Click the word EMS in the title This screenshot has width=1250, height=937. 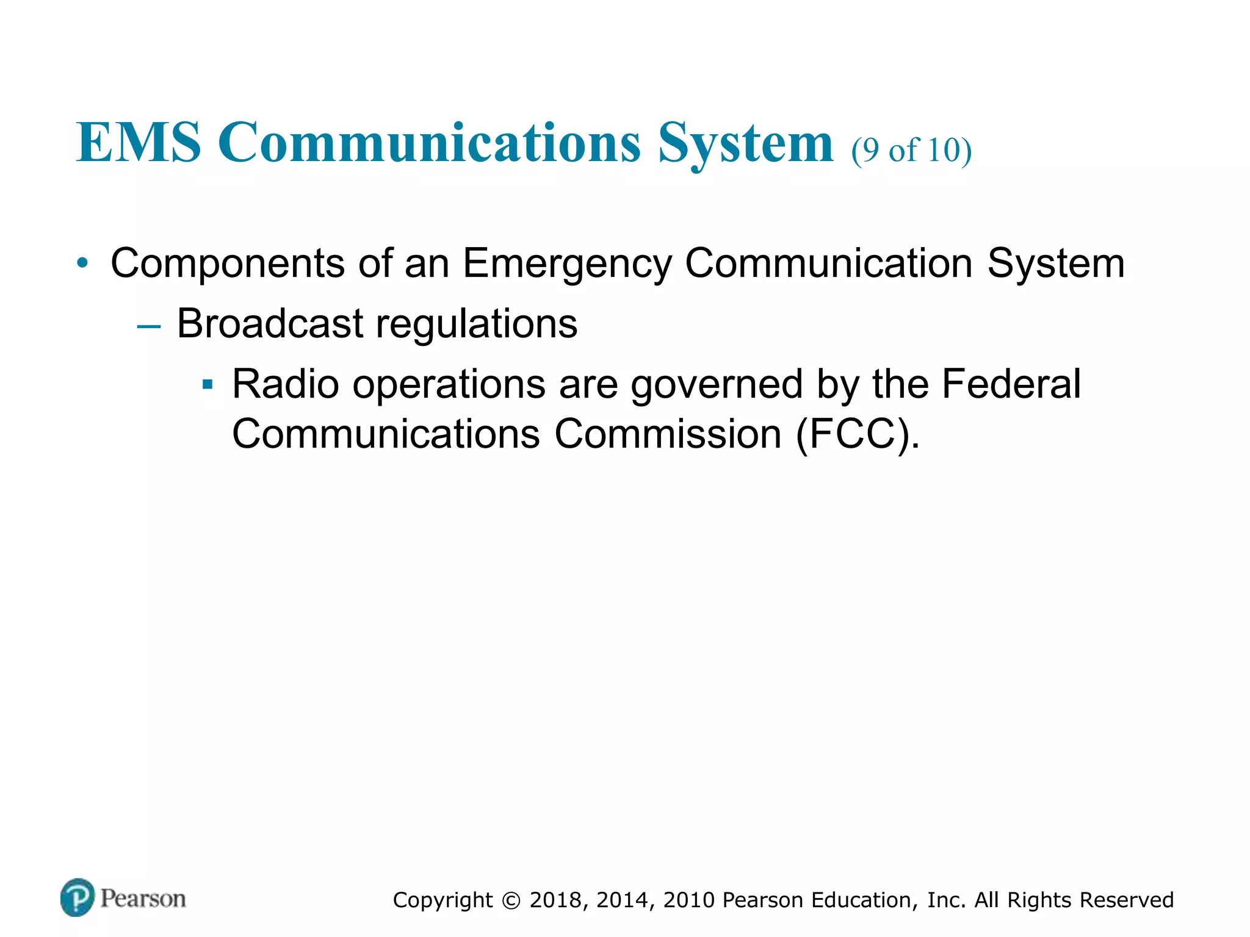coord(139,143)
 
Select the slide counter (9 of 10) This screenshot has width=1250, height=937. coord(911,150)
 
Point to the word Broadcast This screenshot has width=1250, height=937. coord(270,323)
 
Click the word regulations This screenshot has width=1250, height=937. coord(476,325)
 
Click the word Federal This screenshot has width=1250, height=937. coord(1011,384)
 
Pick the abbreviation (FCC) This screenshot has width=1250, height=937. coord(857,434)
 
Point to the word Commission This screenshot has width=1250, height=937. coord(668,434)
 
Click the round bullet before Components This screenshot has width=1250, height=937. coord(82,264)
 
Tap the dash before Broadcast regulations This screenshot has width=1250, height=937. coord(149,326)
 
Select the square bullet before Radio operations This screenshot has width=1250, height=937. coord(208,385)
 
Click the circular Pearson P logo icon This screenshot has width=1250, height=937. coord(78,897)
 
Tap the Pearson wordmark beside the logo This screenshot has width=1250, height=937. coord(143,899)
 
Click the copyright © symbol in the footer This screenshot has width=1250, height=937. coord(511,900)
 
